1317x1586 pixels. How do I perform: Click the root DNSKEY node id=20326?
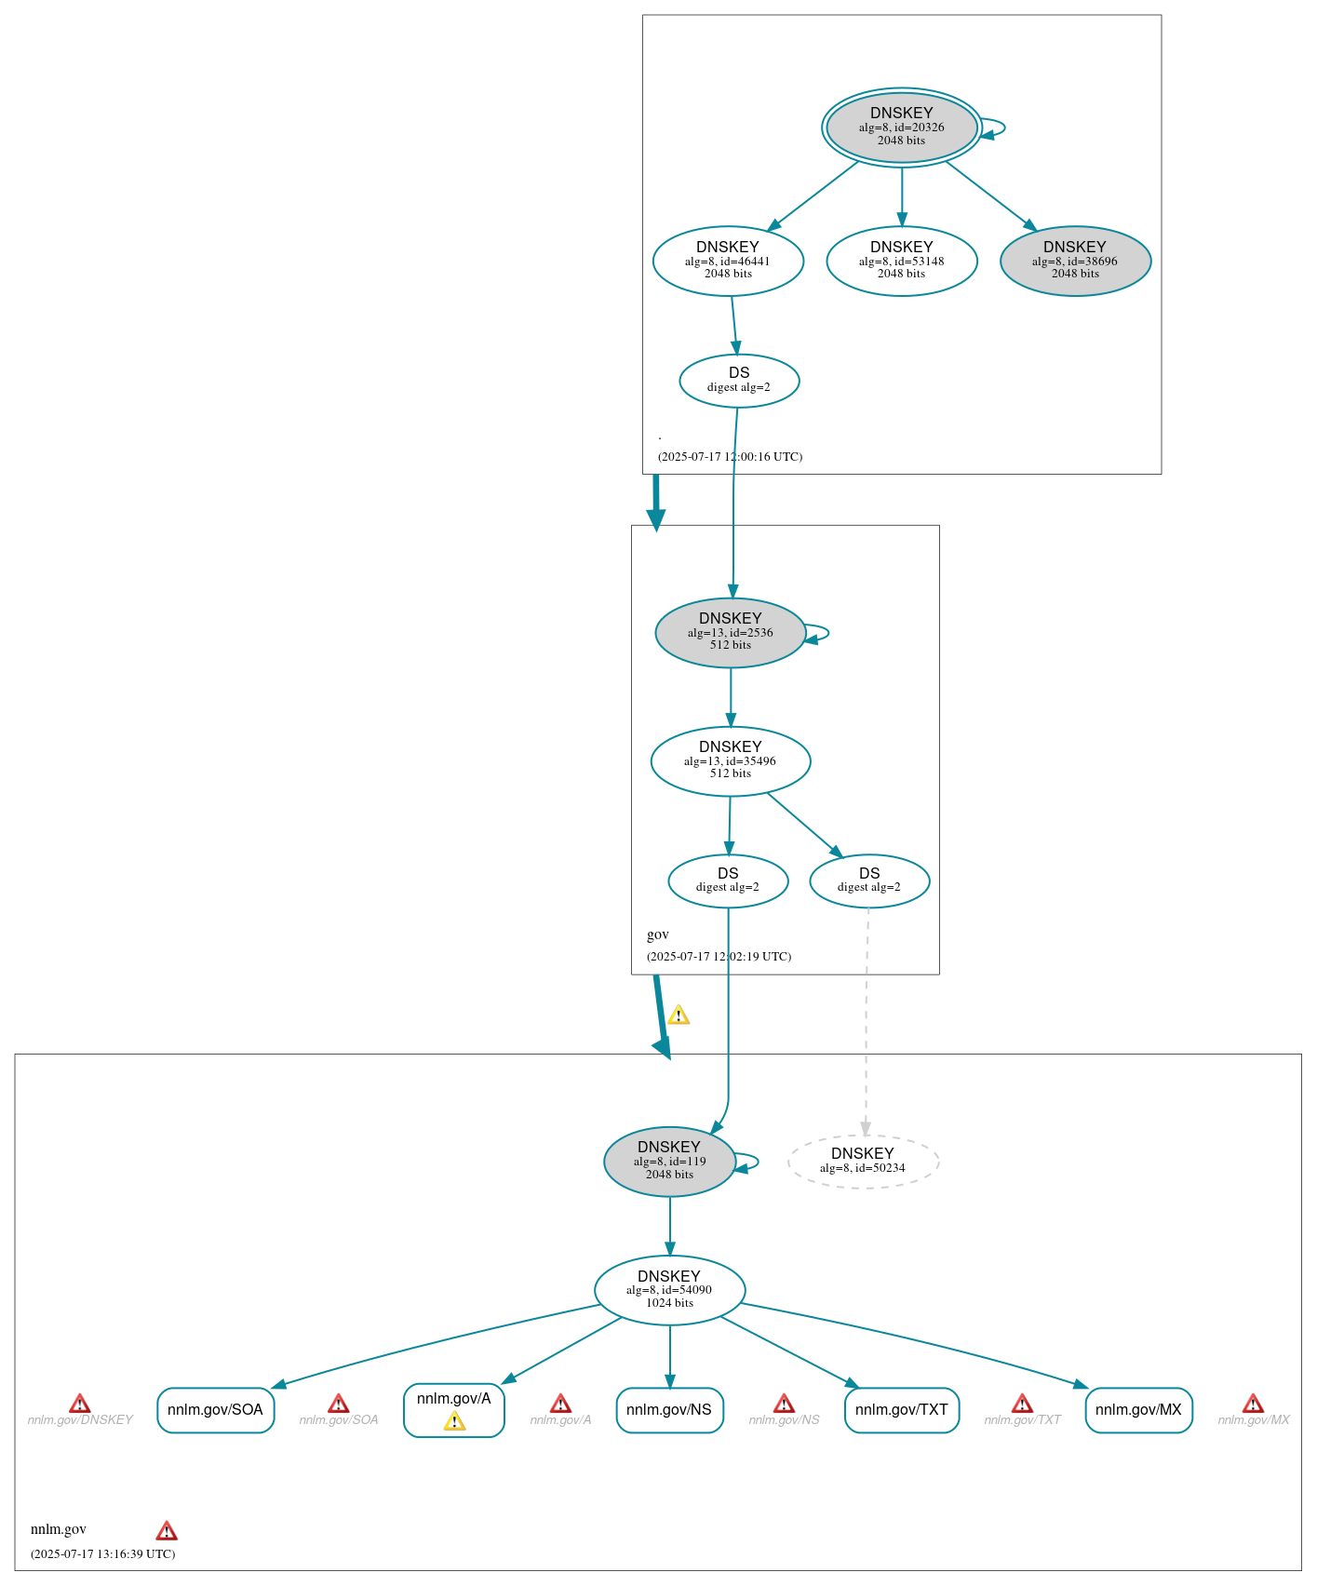tap(901, 128)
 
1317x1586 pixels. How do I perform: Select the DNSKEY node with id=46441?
tap(728, 261)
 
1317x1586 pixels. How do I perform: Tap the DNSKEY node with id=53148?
tap(901, 261)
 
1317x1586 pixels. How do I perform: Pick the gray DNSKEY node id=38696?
tap(1075, 261)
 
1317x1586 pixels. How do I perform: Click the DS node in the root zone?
tap(739, 380)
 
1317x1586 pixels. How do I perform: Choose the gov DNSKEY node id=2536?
tap(730, 632)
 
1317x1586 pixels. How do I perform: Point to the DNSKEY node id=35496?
tap(730, 760)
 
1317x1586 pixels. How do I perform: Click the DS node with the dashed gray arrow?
tap(869, 880)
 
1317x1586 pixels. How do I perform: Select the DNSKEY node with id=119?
tap(669, 1161)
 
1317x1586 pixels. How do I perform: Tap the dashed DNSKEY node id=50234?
tap(863, 1161)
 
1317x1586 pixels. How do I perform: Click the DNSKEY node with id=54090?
tap(669, 1289)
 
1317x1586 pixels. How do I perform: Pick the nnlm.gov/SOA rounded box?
tap(215, 1409)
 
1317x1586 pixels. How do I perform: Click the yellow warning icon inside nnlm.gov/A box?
tap(454, 1421)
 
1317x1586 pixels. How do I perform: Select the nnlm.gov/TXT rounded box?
tap(901, 1409)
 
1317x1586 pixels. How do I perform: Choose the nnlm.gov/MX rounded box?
tap(1138, 1409)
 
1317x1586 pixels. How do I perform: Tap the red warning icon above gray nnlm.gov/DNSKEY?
tap(80, 1403)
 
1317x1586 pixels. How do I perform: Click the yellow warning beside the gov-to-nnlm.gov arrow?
tap(679, 1015)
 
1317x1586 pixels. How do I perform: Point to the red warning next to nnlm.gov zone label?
tap(167, 1530)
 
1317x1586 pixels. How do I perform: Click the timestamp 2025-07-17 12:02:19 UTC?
tap(719, 956)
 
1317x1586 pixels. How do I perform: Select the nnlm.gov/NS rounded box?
tap(669, 1409)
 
